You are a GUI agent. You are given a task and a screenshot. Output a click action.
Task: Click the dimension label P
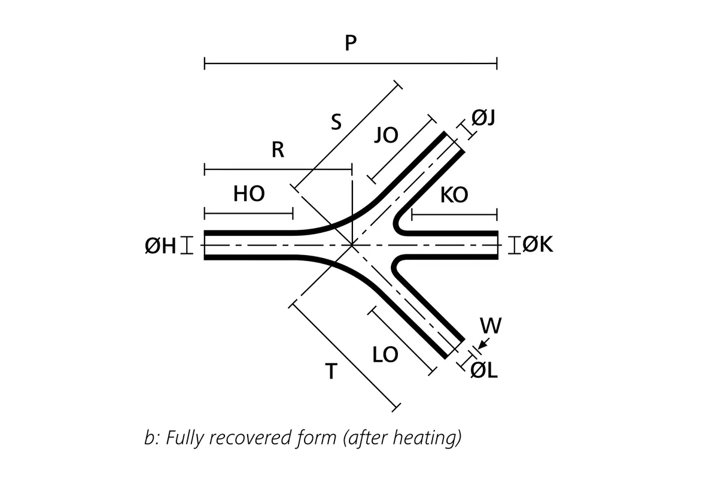coord(351,44)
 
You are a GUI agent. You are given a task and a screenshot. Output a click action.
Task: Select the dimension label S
coord(336,123)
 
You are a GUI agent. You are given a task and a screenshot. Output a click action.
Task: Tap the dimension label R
coord(277,150)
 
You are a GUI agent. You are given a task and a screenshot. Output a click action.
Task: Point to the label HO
coord(249,194)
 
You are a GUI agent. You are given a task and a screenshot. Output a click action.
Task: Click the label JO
coord(386,135)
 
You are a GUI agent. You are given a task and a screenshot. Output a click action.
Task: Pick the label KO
coord(454,195)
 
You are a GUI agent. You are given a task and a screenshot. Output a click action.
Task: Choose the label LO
coord(385,355)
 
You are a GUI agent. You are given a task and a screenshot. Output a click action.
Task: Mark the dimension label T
coord(331,372)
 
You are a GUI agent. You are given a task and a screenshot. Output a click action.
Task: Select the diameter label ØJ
coord(483,118)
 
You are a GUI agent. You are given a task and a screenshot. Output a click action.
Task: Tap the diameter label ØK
coord(538,244)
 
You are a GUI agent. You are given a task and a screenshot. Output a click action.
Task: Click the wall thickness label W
coord(491,326)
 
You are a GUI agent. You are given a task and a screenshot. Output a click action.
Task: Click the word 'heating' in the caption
coord(427,438)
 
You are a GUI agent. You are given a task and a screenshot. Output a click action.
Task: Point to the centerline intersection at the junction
coord(352,245)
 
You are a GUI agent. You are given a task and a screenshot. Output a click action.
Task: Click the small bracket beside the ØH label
coord(188,245)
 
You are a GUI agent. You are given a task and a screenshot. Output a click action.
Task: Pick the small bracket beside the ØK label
coord(514,245)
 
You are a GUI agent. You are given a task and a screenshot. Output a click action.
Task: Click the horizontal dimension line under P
coord(351,63)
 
